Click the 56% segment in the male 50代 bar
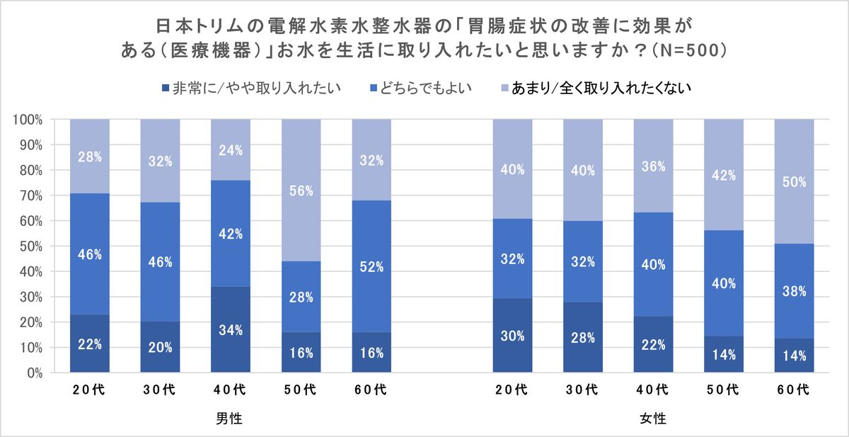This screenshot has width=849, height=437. [x=301, y=190]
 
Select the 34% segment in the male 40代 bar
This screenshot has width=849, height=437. [x=231, y=329]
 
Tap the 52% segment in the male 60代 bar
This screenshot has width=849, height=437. [x=371, y=266]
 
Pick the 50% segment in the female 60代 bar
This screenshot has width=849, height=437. [x=794, y=181]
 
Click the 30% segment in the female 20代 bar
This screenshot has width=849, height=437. [x=512, y=336]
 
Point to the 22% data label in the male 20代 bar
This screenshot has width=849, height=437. [x=90, y=345]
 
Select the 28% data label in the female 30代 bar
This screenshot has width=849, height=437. [x=583, y=336]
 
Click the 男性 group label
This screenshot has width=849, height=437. [x=230, y=419]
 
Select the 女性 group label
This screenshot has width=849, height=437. [x=652, y=419]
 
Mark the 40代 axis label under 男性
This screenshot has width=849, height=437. [x=231, y=390]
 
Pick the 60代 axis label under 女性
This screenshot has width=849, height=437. [x=794, y=390]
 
